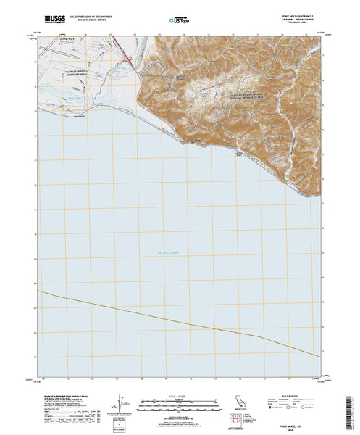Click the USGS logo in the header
click(57, 17)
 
